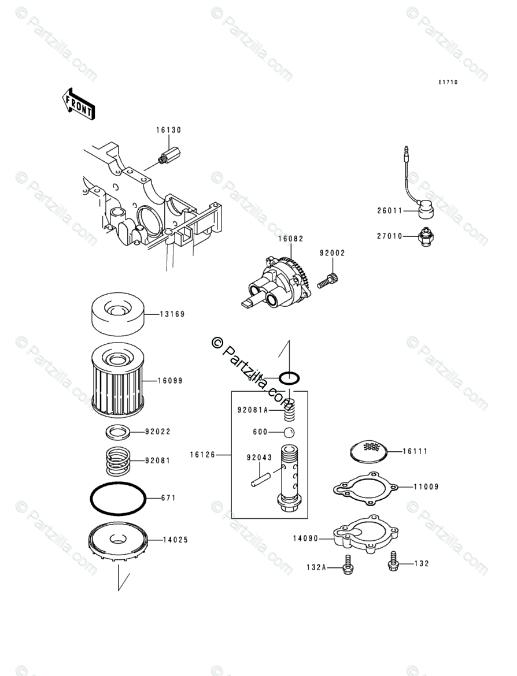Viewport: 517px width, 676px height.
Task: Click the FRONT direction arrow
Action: pyautogui.click(x=79, y=103)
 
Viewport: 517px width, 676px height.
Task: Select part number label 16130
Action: pyautogui.click(x=168, y=131)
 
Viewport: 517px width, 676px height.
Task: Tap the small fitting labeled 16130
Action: pyautogui.click(x=169, y=156)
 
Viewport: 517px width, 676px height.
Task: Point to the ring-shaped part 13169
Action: pyautogui.click(x=118, y=314)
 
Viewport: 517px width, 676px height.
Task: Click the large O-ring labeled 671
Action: pyautogui.click(x=118, y=497)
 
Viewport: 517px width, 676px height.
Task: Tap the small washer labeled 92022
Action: pyautogui.click(x=118, y=431)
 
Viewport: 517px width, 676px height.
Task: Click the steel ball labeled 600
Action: pyautogui.click(x=289, y=432)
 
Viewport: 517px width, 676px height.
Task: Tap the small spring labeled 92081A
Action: pyautogui.click(x=289, y=411)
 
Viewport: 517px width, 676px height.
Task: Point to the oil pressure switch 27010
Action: pyautogui.click(x=425, y=238)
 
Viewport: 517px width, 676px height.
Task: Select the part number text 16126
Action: pyautogui.click(x=202, y=455)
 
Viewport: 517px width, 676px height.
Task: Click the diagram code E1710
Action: pyautogui.click(x=448, y=83)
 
